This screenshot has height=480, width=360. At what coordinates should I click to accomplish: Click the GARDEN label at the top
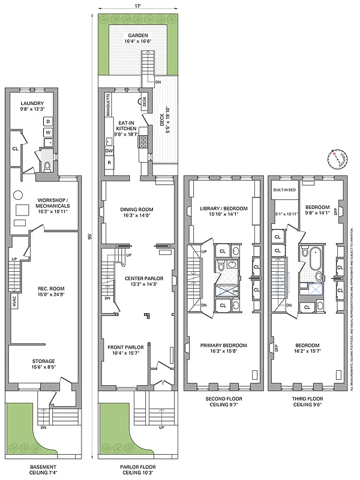tap(137, 35)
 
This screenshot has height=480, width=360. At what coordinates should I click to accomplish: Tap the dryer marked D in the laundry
tap(48, 121)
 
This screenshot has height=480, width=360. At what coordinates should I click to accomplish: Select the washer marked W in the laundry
tap(48, 133)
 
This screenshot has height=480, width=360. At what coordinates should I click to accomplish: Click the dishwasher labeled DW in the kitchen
tap(110, 151)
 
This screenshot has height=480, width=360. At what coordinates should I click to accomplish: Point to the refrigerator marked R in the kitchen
tap(109, 163)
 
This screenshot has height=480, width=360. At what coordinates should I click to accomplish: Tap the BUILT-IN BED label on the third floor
tap(283, 190)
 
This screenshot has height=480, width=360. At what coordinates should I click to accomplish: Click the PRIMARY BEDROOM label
tap(223, 346)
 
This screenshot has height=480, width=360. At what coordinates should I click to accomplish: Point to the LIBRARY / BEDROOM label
tap(223, 209)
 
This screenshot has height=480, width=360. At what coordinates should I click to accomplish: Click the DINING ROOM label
tap(137, 209)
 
